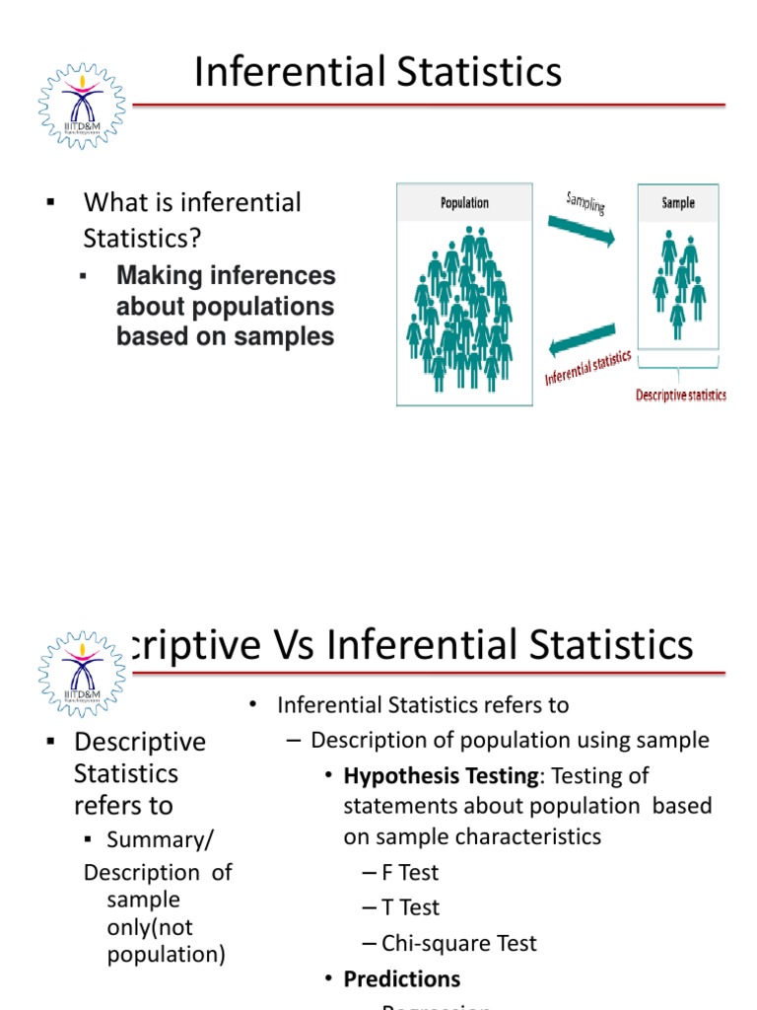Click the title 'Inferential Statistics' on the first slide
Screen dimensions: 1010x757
pos(378,73)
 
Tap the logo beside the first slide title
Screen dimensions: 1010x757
pos(82,106)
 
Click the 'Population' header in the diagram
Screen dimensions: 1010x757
pos(464,203)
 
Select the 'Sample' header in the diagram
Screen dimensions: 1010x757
pos(678,202)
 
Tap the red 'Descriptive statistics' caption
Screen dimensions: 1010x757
pos(680,396)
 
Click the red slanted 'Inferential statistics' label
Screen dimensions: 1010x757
pos(588,369)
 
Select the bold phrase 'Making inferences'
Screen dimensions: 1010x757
pos(226,276)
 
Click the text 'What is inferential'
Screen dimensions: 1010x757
pos(192,203)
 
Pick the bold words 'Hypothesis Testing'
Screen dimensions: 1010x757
pos(441,776)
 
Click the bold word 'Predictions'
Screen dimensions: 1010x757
pos(401,978)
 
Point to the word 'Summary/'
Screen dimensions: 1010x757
pos(160,839)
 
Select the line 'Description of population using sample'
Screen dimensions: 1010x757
pos(510,740)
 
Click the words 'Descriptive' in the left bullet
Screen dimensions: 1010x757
pos(140,742)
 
